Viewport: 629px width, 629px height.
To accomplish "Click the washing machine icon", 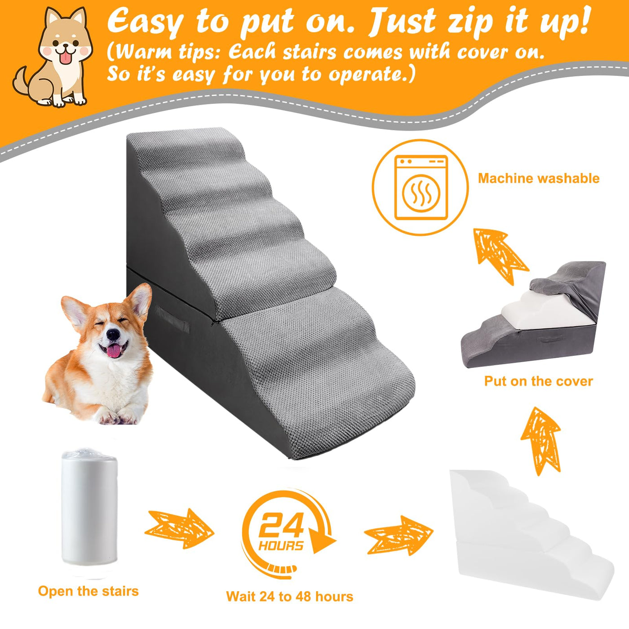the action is coord(421,187).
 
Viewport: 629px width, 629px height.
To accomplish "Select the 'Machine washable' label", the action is coord(539,178).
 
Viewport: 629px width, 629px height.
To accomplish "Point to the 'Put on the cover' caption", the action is coord(538,381).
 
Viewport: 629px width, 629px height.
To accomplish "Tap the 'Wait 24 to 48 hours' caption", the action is coord(289,596).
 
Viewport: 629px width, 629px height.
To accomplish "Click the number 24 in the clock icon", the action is coord(281,525).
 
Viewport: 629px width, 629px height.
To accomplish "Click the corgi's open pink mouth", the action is coord(114,350).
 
